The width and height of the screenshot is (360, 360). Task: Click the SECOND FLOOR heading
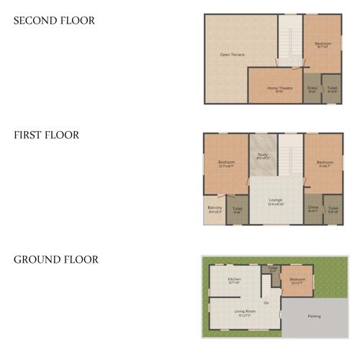54,21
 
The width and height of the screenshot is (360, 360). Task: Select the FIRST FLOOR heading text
47,135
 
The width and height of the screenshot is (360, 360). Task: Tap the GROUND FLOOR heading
55,259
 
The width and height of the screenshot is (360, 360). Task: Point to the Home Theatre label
279,89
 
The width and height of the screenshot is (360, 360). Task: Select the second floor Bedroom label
323,45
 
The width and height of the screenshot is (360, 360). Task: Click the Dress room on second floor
312,89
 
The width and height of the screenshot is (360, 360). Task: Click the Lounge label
276,201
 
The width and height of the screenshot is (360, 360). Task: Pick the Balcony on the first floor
215,210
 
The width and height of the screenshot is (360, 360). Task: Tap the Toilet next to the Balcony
237,210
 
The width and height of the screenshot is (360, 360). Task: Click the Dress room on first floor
312,210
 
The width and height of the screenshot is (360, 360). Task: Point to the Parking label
314,316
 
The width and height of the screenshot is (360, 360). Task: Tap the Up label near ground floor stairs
266,302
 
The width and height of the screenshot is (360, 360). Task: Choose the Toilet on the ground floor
272,269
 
